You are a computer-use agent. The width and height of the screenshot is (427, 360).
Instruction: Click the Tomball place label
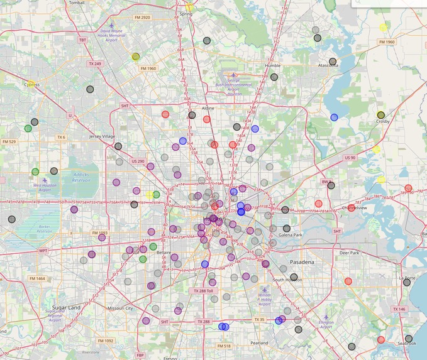77,3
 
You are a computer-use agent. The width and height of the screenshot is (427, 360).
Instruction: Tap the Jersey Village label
103,136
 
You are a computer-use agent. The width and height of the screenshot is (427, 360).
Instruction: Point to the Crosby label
382,121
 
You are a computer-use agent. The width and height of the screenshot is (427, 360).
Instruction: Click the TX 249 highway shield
95,64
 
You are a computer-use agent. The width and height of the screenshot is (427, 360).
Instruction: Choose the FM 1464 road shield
36,278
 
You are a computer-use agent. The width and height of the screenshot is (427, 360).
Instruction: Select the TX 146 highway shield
399,309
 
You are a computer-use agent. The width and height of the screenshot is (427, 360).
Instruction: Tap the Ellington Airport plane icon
326,318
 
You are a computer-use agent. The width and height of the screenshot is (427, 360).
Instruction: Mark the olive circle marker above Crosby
380,115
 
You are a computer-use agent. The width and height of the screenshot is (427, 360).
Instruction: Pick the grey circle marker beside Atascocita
333,62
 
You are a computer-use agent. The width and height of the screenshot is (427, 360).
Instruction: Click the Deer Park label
348,253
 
